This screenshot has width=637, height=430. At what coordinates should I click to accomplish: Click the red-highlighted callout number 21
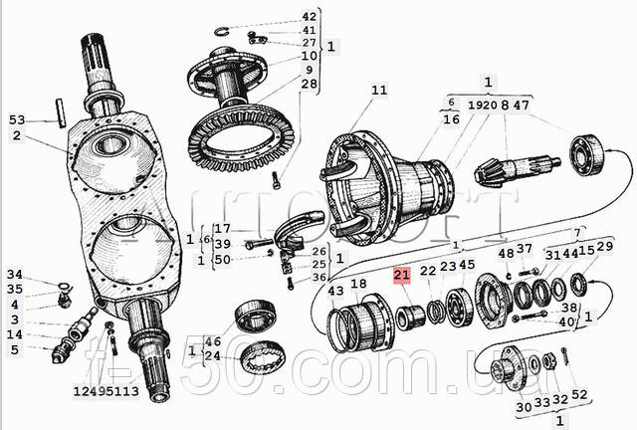[402, 275]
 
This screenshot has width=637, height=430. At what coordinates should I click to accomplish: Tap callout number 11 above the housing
[378, 92]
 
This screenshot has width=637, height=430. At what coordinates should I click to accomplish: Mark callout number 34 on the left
[14, 275]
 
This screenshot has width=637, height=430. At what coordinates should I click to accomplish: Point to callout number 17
[221, 228]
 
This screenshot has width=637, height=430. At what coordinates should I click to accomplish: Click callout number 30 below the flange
[524, 406]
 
